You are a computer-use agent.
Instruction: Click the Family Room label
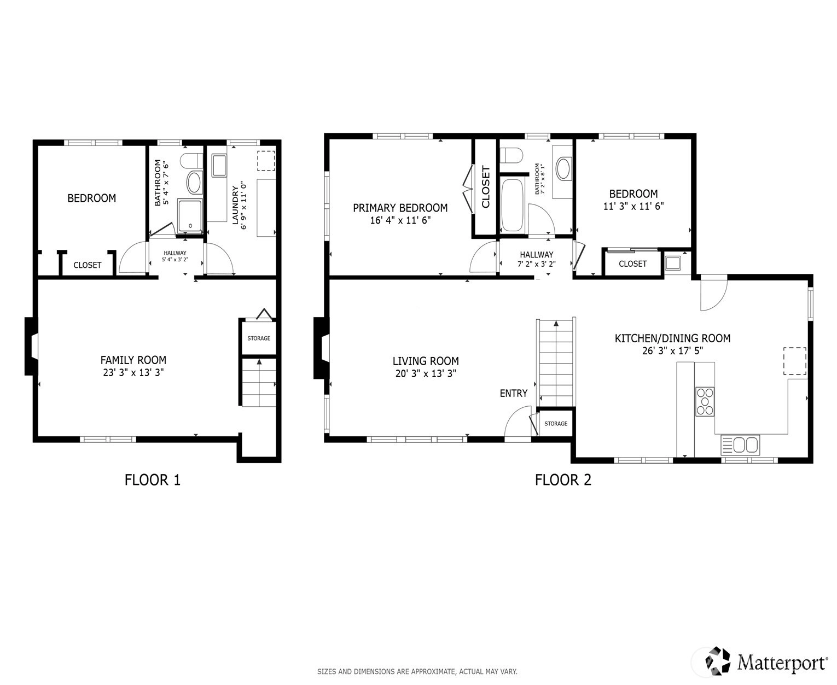pyautogui.click(x=133, y=360)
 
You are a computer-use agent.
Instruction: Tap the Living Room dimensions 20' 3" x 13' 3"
pyautogui.click(x=426, y=373)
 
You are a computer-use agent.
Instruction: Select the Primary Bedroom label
pyautogui.click(x=400, y=208)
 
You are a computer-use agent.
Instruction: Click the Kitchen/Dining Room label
pyautogui.click(x=672, y=338)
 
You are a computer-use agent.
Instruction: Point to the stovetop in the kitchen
pyautogui.click(x=705, y=401)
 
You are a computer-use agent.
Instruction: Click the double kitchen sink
pyautogui.click(x=740, y=444)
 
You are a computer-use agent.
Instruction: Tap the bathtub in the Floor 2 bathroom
pyautogui.click(x=513, y=206)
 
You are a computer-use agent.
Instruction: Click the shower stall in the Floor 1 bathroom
pyautogui.click(x=190, y=215)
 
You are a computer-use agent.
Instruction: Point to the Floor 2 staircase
pyautogui.click(x=556, y=362)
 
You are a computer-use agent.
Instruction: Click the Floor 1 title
pyautogui.click(x=153, y=480)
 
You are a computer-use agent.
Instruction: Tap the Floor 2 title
pyautogui.click(x=563, y=480)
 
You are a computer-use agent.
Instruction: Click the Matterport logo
pyautogui.click(x=766, y=661)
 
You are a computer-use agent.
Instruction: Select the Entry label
pyautogui.click(x=514, y=393)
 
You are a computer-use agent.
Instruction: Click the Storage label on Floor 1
pyautogui.click(x=259, y=338)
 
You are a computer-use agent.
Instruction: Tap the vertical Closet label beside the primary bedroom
pyautogui.click(x=486, y=187)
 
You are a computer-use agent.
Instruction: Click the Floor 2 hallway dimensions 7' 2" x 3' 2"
pyautogui.click(x=537, y=264)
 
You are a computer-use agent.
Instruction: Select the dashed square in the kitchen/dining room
pyautogui.click(x=794, y=361)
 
